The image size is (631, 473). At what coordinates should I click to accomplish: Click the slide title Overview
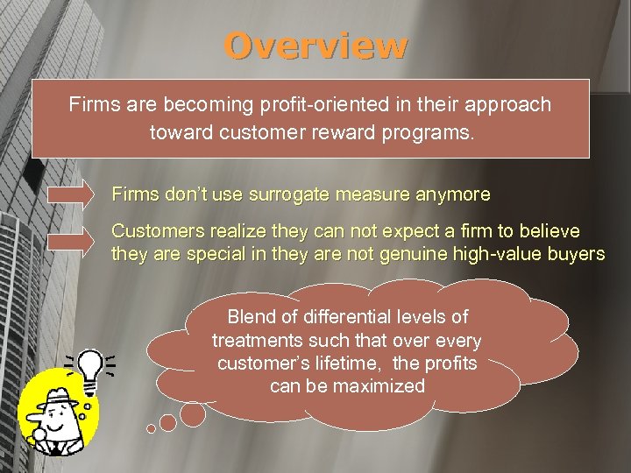(315, 46)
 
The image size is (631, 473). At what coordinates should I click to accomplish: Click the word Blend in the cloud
(252, 317)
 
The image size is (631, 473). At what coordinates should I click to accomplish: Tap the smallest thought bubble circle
(151, 429)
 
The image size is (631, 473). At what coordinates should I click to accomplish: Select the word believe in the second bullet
(549, 231)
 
